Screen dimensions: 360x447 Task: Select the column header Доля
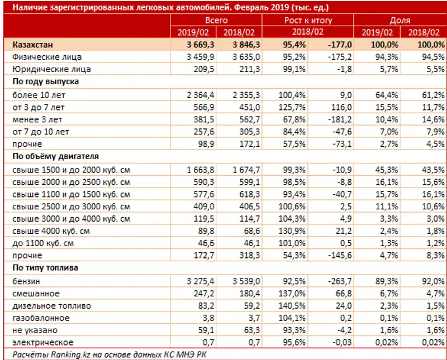tap(400, 20)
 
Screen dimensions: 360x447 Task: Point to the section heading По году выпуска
tap(45, 81)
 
